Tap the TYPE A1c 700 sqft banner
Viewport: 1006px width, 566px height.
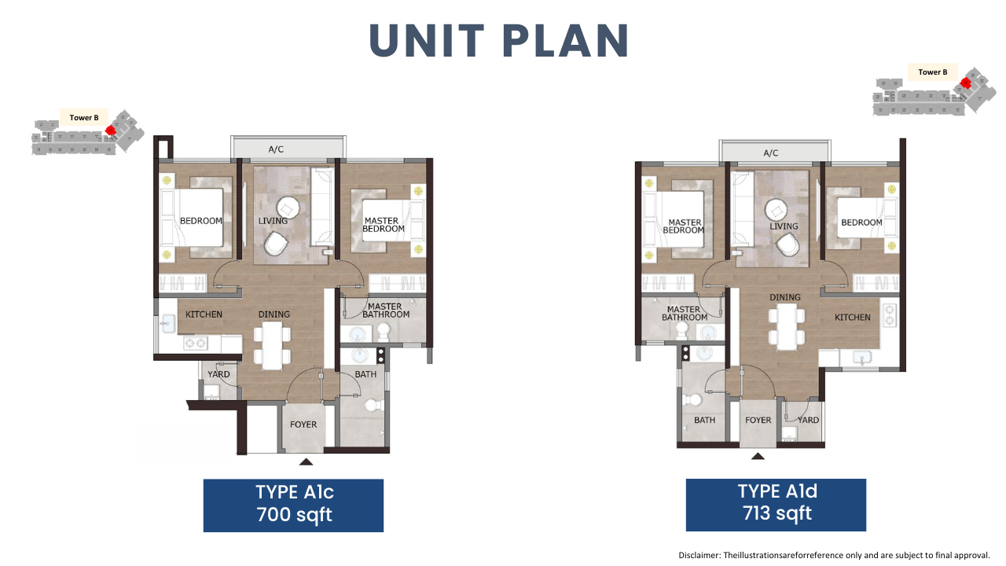pos(293,505)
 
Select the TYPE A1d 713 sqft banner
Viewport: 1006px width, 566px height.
pos(776,505)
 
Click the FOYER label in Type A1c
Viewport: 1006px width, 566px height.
pos(303,424)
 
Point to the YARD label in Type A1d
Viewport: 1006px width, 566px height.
pos(809,420)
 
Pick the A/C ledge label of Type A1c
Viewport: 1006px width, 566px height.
pos(276,149)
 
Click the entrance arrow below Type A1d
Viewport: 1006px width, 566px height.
pos(758,457)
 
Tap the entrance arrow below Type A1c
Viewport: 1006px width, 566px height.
pos(306,461)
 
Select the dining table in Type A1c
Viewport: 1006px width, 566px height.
pos(272,345)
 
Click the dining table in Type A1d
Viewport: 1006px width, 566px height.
pos(787,326)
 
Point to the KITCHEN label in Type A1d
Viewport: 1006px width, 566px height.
pos(853,318)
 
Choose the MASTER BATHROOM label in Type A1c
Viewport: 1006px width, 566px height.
pos(386,311)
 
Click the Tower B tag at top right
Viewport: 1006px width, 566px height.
pos(932,72)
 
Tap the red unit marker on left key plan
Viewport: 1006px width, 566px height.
pos(110,130)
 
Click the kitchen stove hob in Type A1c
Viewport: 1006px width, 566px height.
pos(196,344)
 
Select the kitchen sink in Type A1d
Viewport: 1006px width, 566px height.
pos(862,358)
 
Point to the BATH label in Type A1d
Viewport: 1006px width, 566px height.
pos(705,420)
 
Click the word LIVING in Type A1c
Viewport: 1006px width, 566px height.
pos(273,221)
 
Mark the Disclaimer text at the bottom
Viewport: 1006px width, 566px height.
pos(834,555)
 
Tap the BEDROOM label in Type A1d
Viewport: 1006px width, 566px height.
pos(861,222)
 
